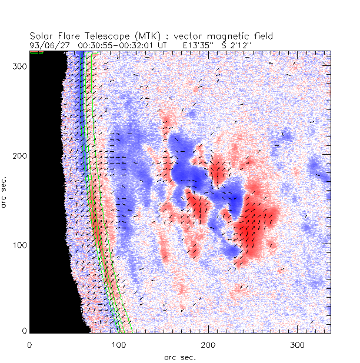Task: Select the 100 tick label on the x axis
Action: [118, 344]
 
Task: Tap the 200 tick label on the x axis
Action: [208, 344]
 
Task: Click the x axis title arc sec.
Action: [179, 356]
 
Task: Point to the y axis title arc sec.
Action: [5, 192]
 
